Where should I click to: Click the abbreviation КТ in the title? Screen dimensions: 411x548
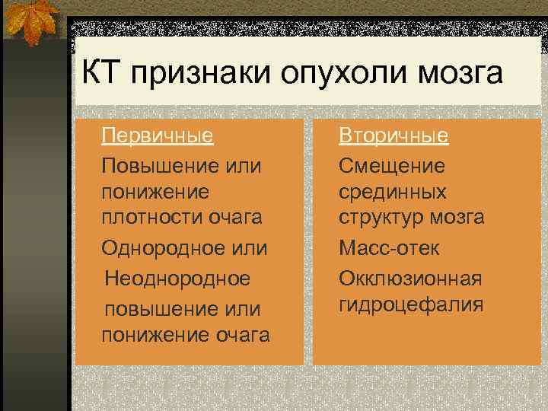click(x=101, y=74)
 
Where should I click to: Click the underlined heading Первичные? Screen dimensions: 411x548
click(x=157, y=136)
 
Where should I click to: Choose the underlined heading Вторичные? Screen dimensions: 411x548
click(x=393, y=136)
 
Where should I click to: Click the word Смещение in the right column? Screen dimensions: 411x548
click(x=392, y=165)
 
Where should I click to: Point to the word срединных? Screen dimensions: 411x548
click(x=393, y=191)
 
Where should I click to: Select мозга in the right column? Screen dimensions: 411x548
click(x=455, y=217)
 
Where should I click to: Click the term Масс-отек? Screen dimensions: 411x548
click(x=389, y=248)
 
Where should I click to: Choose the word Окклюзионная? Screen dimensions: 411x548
click(x=410, y=279)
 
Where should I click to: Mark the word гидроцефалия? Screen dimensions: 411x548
click(x=411, y=305)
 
